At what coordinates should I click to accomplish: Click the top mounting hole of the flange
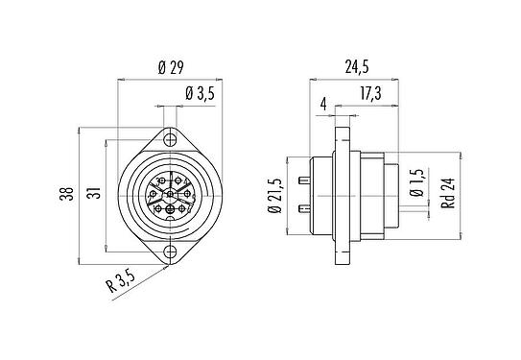click(170, 140)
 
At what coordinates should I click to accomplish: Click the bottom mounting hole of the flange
click(170, 252)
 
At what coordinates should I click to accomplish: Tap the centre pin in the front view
click(170, 196)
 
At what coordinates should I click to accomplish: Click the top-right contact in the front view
click(183, 182)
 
